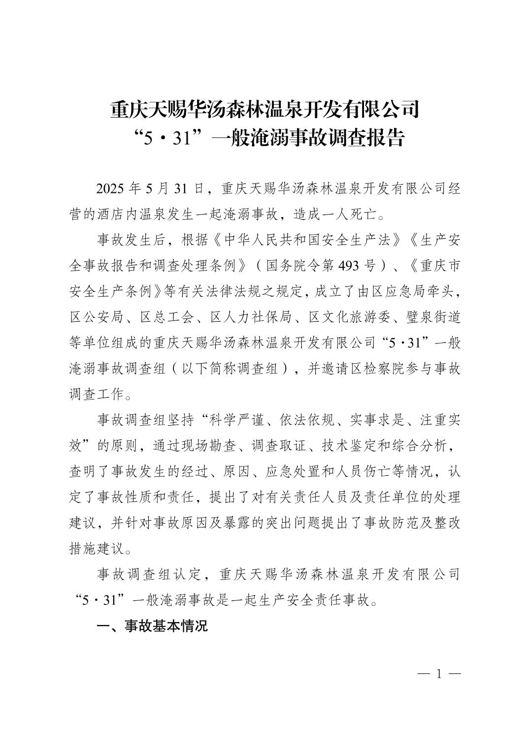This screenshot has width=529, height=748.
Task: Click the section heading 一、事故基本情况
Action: coord(152,626)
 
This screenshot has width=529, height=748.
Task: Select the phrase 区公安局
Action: coord(96,317)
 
